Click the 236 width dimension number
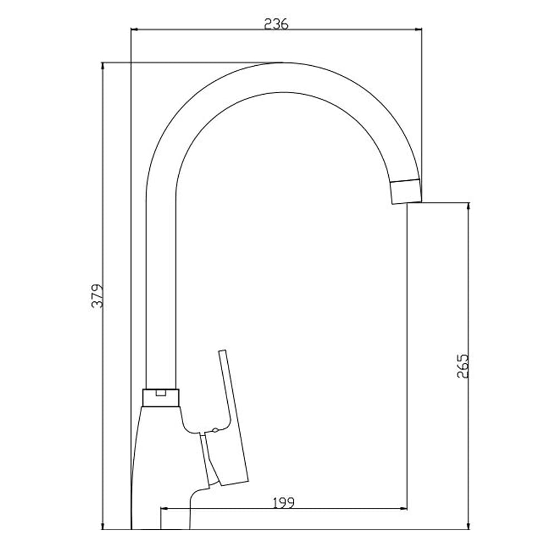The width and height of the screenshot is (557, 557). (276, 24)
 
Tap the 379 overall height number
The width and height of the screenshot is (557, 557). (97, 296)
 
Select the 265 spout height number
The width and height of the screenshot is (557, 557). (463, 366)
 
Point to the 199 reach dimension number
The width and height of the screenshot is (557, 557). (284, 502)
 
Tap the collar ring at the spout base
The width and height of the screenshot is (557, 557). (161, 398)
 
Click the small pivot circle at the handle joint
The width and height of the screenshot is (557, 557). (215, 431)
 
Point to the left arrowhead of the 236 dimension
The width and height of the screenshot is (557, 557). (134, 30)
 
